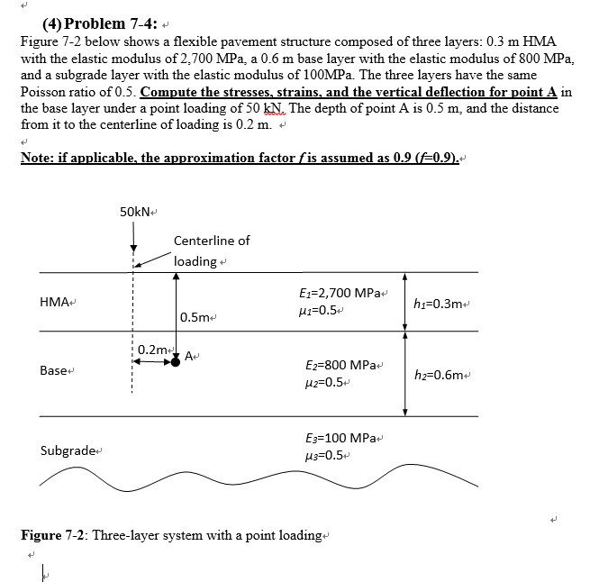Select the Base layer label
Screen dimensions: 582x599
click(x=53, y=370)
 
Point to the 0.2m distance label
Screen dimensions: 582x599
click(x=158, y=349)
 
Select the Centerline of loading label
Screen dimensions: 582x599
click(x=211, y=250)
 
